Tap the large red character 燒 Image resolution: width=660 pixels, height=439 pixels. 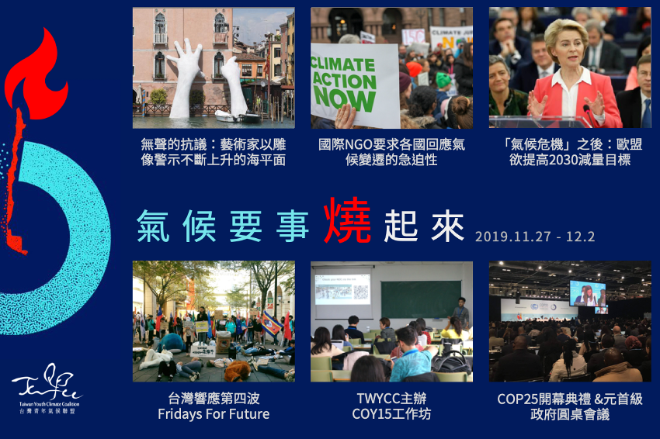pos(347,220)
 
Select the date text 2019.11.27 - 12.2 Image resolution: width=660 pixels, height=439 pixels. pos(535,237)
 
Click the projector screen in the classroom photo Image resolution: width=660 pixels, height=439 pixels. pos(342,291)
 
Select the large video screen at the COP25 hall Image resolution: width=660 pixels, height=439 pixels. pos(588,293)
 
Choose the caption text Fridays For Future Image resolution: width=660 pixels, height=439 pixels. pos(214,414)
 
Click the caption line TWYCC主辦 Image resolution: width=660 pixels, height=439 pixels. pos(391,398)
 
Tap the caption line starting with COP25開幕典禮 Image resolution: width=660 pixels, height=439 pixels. pos(570,399)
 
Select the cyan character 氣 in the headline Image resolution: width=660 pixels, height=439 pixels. pos(153,226)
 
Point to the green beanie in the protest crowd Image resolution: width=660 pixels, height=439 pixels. pos(443,79)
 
